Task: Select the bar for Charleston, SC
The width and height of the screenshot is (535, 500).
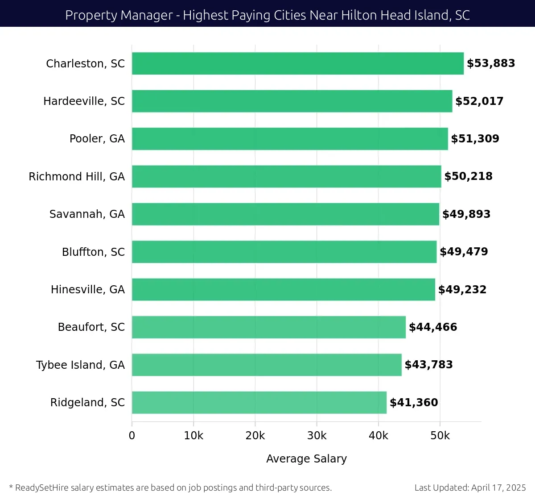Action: point(297,63)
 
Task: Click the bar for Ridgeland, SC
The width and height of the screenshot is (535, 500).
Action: point(259,402)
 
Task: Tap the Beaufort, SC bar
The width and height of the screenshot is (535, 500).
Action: point(268,327)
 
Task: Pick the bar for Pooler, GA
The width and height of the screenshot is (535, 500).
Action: point(290,139)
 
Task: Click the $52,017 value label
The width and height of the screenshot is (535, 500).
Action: point(479,101)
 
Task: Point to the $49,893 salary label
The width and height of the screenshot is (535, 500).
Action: point(466,214)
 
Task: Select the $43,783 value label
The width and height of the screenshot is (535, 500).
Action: point(428,365)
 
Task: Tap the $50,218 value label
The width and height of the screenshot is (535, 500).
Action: point(468,176)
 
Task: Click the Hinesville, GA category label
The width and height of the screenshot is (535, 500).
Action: point(88,290)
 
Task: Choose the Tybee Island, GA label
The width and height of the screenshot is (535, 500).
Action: point(80,365)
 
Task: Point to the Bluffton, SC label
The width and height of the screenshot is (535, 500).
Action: point(93,252)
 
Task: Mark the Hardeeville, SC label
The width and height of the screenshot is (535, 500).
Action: point(84,101)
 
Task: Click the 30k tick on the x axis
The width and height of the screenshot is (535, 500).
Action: point(317,436)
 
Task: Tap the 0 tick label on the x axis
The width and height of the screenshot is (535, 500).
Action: point(132,436)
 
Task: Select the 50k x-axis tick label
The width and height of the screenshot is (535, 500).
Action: point(440,436)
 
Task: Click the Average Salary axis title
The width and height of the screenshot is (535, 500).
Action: point(306,459)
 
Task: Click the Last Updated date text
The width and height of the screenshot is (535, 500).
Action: point(470,487)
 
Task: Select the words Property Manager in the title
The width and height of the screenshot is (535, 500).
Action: point(119,15)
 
